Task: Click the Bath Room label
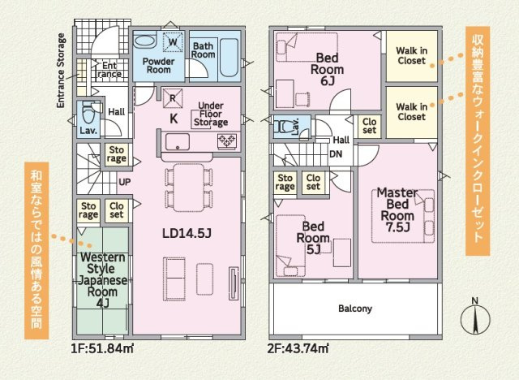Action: tap(204, 50)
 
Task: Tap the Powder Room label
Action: tap(159, 66)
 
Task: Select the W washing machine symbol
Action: tap(173, 41)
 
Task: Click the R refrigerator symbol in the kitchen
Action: tap(173, 98)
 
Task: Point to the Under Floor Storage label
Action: tap(211, 114)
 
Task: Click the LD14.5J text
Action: tap(187, 234)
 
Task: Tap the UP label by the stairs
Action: tap(124, 182)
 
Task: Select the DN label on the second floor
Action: tap(336, 154)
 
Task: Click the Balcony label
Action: tap(355, 309)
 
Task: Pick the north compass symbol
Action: tap(475, 317)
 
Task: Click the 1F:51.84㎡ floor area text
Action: tap(102, 349)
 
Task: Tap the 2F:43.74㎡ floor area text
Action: tap(298, 349)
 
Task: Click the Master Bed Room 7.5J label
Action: tap(397, 210)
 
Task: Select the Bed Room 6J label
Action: tap(327, 69)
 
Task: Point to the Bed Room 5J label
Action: tap(313, 238)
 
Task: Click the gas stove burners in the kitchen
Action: tap(227, 141)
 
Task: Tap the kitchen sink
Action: tap(178, 141)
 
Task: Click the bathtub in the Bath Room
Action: tap(229, 58)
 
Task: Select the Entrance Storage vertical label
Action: tap(61, 71)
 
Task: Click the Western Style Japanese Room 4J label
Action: tap(103, 280)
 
